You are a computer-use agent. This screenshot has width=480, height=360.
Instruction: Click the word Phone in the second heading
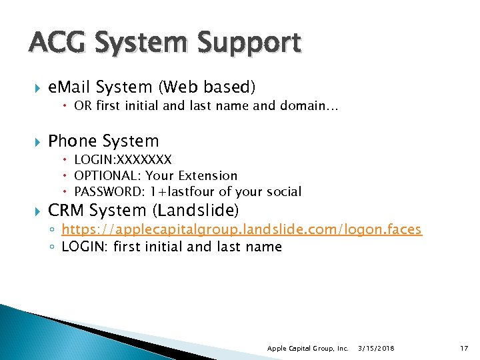point(74,141)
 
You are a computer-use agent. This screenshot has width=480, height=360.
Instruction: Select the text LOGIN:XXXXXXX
point(123,159)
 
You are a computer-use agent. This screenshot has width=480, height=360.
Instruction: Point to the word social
point(283,192)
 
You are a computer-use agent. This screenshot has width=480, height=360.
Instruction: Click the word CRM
point(66,211)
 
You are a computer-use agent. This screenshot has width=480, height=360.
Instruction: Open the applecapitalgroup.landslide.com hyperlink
point(241,229)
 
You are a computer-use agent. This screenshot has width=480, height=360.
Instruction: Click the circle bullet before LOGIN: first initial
point(53,247)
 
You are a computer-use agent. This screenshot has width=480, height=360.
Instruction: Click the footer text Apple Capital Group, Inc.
point(307,349)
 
